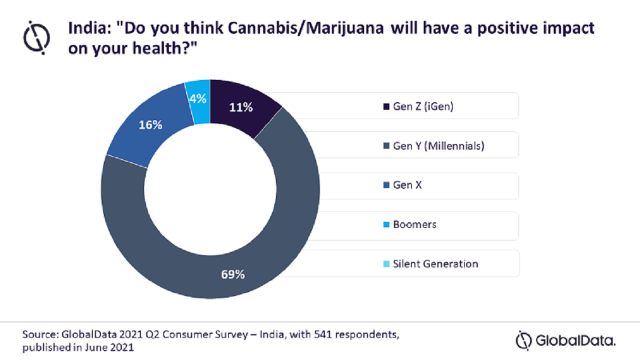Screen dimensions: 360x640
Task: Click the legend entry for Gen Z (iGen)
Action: click(423, 107)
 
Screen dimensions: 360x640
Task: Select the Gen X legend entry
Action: click(407, 185)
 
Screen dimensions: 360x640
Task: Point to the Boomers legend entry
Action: click(414, 225)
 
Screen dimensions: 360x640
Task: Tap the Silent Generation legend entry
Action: click(435, 264)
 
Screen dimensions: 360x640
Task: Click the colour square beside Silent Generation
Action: click(387, 264)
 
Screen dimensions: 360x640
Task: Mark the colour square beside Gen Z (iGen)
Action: click(387, 107)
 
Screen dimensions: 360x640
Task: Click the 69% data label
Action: click(233, 274)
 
